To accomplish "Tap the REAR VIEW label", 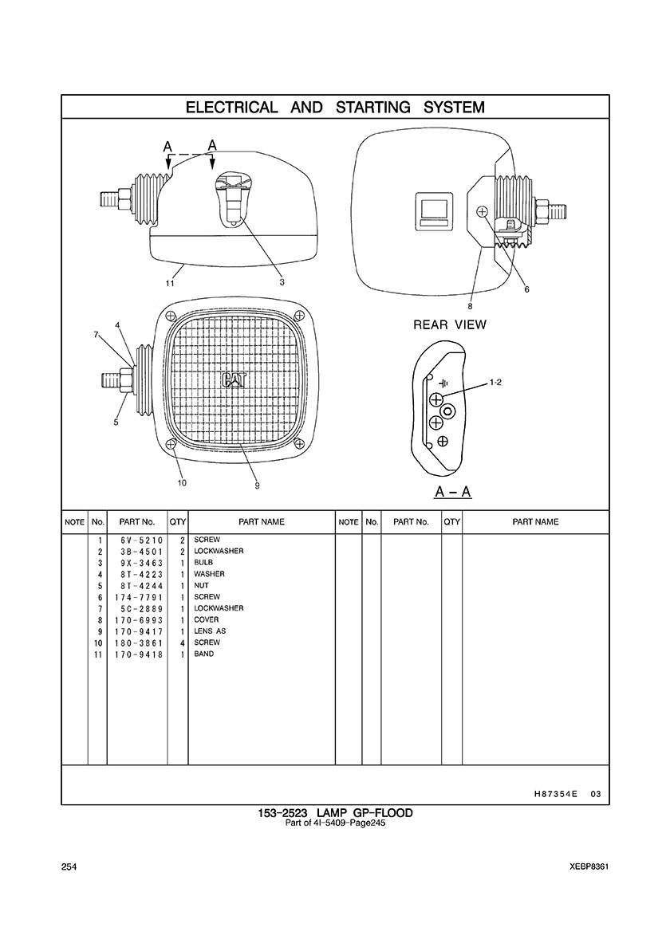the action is click(x=450, y=325).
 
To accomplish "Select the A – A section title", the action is click(x=453, y=492).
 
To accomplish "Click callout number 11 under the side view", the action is click(x=171, y=283).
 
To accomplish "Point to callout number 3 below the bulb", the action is click(x=282, y=281).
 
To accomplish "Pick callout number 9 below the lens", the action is click(x=257, y=485).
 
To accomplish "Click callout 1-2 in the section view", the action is click(x=495, y=383).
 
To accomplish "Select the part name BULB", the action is click(x=203, y=562).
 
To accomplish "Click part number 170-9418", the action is click(x=139, y=654).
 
